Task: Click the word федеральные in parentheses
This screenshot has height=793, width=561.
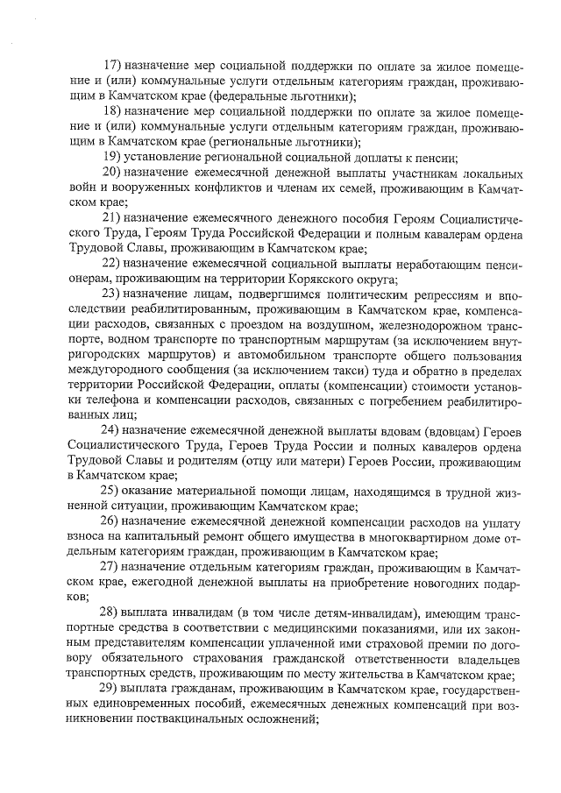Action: pos(235,97)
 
